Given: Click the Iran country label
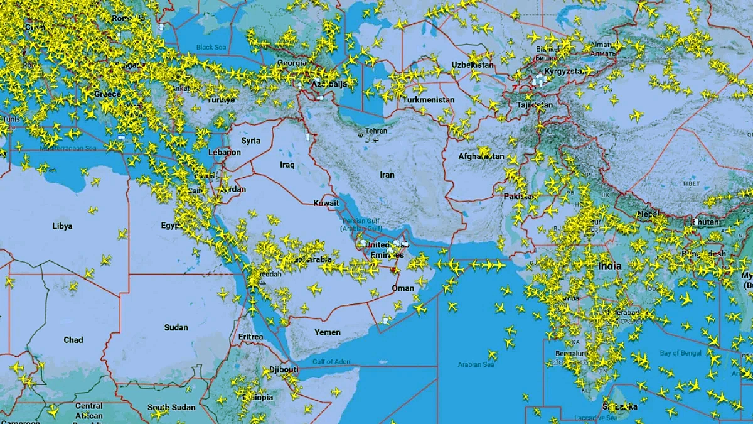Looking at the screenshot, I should (x=387, y=175).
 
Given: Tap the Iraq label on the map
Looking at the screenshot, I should (x=287, y=165).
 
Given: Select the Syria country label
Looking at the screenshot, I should (x=250, y=141).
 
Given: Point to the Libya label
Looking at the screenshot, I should (x=62, y=226).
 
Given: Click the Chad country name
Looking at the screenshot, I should (x=73, y=340).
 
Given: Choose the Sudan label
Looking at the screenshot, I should (x=176, y=327).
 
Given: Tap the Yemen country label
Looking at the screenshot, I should (x=328, y=332).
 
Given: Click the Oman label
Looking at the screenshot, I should (x=403, y=288).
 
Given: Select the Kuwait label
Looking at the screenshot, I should (x=326, y=203).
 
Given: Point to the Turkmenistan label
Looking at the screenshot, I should (x=429, y=100).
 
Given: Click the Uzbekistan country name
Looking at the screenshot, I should (x=473, y=65).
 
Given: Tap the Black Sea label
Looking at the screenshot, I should (x=211, y=47).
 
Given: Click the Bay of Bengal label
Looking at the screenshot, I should (x=681, y=353).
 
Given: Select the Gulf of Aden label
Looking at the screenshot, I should (x=331, y=362).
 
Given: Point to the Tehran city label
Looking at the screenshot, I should (x=376, y=131).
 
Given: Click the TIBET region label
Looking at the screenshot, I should (x=691, y=183).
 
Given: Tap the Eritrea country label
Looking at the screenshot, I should (x=251, y=337).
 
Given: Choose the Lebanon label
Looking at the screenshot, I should (x=225, y=152).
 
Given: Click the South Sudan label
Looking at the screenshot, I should (x=171, y=407).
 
